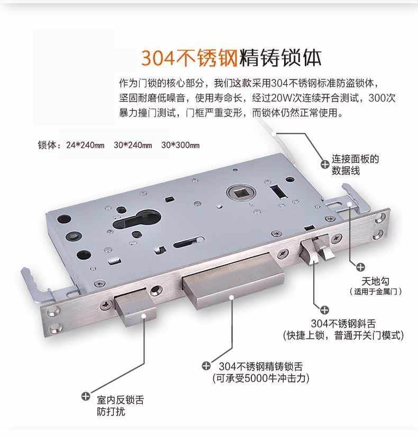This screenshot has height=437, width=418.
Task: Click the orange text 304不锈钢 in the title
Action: click(189, 58)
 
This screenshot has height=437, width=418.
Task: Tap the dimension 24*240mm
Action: click(85, 145)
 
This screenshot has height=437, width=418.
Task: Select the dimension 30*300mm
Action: click(180, 145)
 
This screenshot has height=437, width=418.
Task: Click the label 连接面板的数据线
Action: click(355, 164)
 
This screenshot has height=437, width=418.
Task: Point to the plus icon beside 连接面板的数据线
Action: click(325, 164)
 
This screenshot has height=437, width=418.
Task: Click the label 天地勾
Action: click(375, 281)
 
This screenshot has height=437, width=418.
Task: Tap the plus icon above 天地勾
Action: click(361, 267)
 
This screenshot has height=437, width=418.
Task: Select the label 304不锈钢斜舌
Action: click(343, 324)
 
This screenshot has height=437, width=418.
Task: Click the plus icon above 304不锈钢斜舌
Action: click(324, 310)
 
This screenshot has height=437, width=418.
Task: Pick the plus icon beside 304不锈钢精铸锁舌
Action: click(206, 365)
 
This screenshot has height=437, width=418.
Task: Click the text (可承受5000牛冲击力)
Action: click(261, 378)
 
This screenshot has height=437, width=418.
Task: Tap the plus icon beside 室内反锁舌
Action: click(86, 396)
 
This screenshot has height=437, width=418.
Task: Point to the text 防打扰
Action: click(111, 412)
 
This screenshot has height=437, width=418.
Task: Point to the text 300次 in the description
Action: click(382, 98)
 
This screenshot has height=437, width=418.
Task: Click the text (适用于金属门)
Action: click(375, 291)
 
